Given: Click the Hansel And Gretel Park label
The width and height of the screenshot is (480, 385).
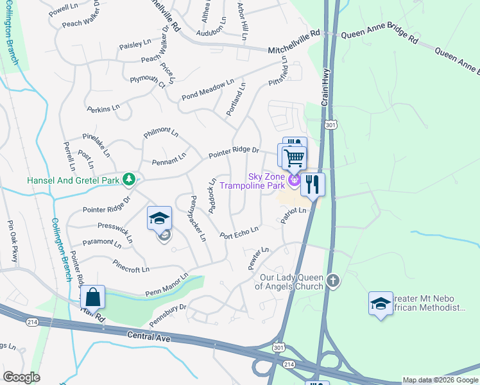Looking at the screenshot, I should [73, 180].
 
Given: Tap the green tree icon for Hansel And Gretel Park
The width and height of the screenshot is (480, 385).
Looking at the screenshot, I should [130, 179].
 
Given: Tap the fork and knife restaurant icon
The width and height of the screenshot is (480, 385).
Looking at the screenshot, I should [313, 184].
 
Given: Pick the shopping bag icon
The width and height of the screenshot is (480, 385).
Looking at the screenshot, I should [93, 297].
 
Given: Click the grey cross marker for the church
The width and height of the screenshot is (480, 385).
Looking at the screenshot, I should [332, 280].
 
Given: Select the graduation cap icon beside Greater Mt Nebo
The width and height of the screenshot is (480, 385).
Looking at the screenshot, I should [381, 303].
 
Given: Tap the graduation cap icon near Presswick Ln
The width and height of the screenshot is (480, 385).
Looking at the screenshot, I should [160, 218].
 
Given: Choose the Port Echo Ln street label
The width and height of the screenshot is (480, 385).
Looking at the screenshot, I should [239, 232].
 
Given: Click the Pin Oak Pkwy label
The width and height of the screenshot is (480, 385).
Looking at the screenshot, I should [12, 242].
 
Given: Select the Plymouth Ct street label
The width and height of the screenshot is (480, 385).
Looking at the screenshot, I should [148, 81].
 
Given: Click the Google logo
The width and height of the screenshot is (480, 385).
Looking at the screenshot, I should [22, 377].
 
